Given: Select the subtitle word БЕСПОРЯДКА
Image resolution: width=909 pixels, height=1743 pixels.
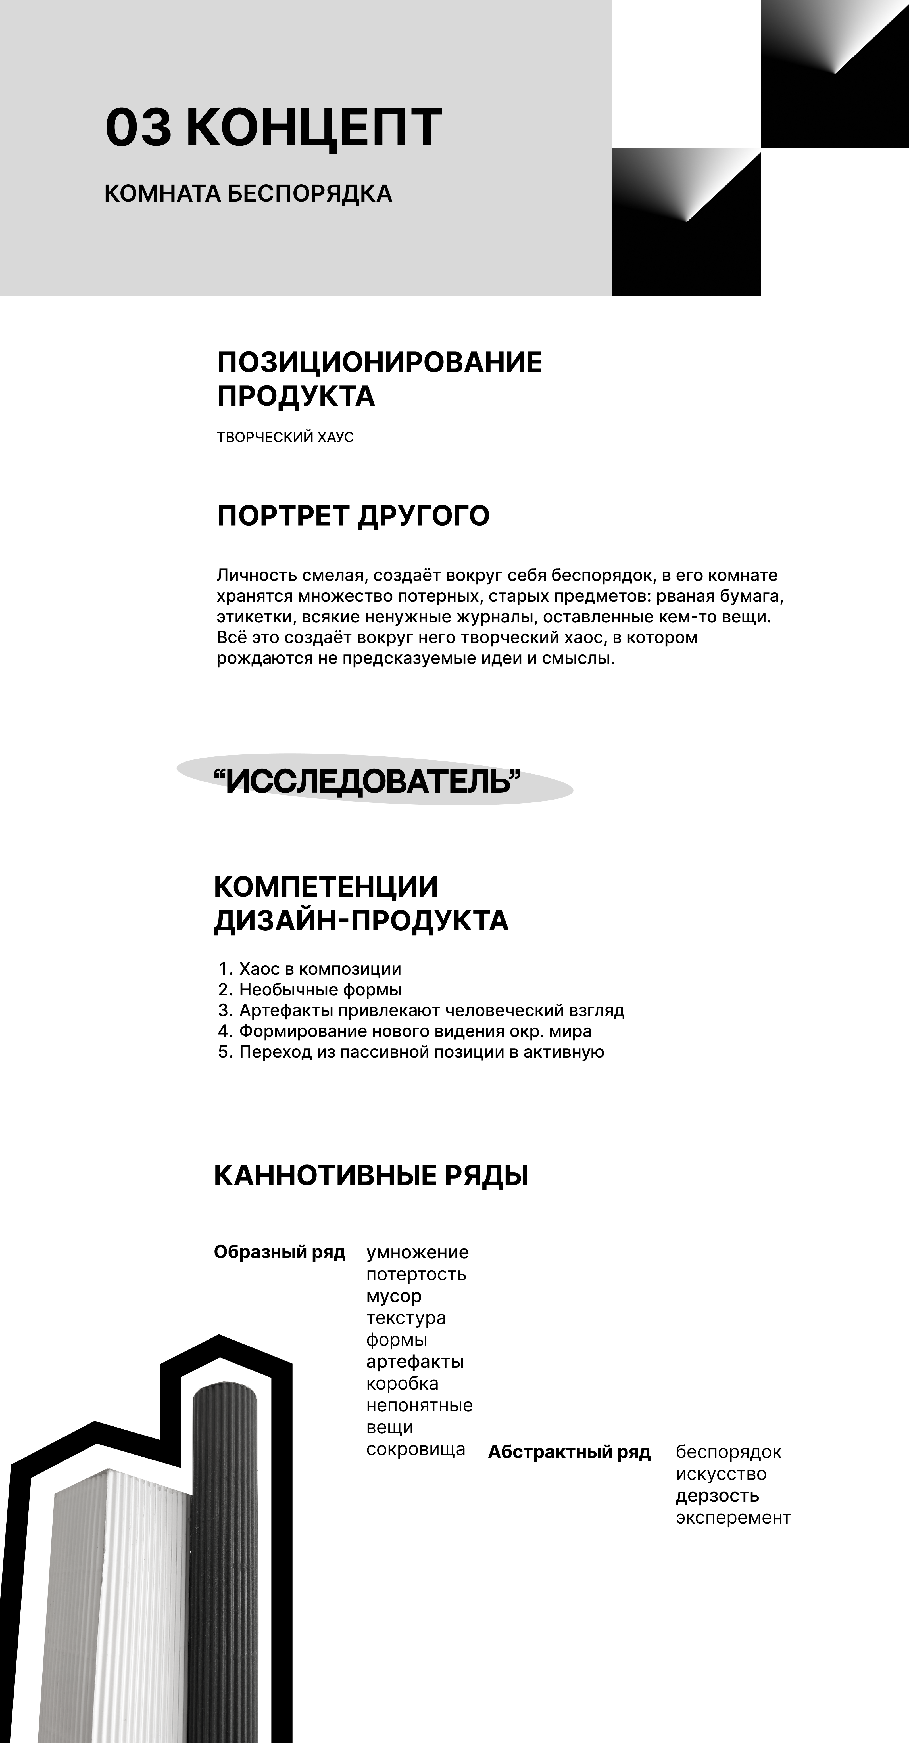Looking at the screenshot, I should [309, 194].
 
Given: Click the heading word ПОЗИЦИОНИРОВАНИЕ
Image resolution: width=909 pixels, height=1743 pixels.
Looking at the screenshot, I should [379, 363].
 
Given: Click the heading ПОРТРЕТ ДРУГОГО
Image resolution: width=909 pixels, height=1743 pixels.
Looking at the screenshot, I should [353, 516].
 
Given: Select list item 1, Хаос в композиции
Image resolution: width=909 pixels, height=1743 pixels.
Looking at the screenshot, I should [320, 969].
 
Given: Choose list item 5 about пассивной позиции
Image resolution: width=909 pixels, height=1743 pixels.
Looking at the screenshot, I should [421, 1052].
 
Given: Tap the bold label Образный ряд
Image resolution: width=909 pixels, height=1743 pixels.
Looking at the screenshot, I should [280, 1252].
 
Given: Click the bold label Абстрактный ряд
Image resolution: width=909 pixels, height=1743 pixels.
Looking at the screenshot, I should [569, 1452].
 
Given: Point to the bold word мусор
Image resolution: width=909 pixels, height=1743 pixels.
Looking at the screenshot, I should [394, 1296].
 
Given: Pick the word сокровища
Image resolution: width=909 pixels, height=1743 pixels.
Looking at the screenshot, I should [416, 1449].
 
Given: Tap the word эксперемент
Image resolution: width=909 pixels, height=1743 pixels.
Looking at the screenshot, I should [733, 1518].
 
